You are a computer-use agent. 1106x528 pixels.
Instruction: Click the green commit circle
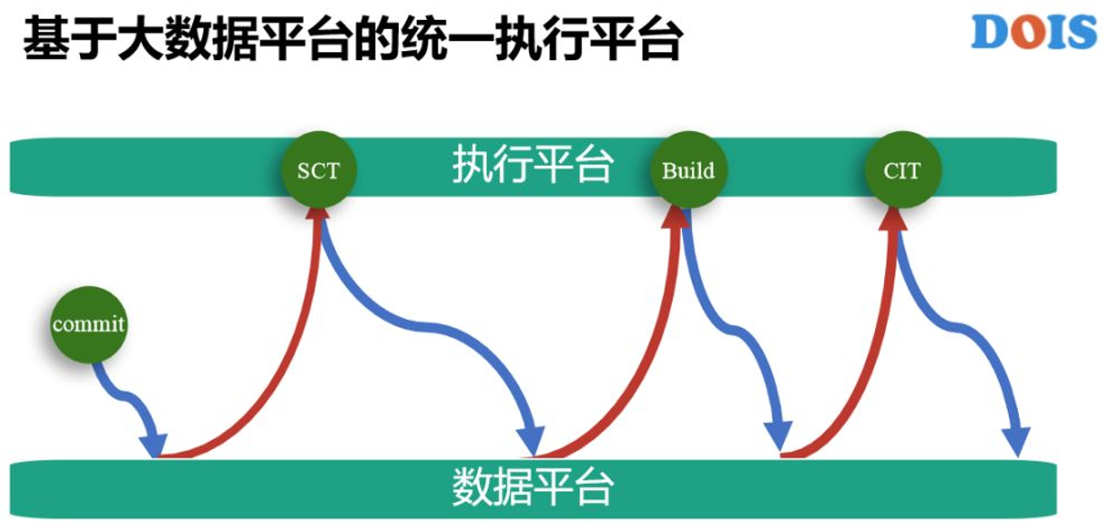(x=89, y=323)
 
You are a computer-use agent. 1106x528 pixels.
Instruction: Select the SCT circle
(x=319, y=169)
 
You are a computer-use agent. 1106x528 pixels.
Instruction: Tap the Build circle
(x=688, y=170)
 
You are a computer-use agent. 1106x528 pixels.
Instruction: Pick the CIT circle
(x=901, y=170)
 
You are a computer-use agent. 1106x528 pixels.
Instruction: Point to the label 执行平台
(x=533, y=166)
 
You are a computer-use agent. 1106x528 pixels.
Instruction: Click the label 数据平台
(x=533, y=489)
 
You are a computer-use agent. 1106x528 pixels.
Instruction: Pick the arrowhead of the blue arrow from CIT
(x=1016, y=442)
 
